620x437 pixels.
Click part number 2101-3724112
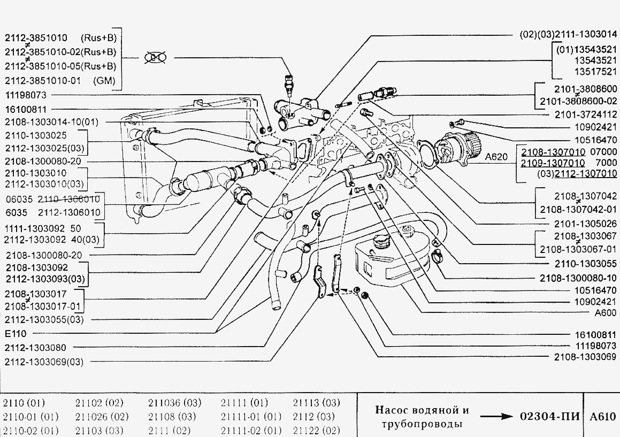click(578, 114)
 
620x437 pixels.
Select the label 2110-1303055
click(579, 264)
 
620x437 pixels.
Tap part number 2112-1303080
click(36, 348)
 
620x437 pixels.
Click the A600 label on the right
click(602, 313)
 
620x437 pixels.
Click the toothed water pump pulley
click(470, 145)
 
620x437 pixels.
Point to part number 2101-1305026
click(578, 224)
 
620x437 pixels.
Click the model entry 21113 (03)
click(316, 403)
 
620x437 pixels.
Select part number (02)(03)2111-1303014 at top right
click(569, 34)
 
